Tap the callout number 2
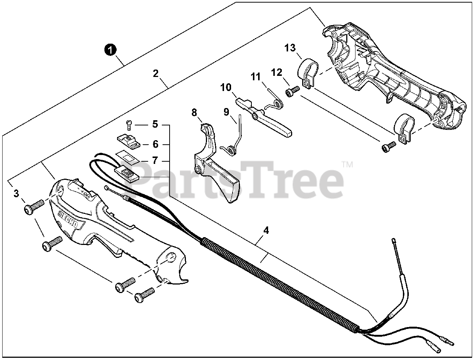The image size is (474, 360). click(156, 73)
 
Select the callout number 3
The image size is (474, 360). click(16, 193)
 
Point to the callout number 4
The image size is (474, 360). click(266, 231)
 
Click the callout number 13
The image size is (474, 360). click(290, 48)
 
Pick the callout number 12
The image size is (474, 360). click(276, 72)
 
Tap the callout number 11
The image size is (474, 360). click(256, 77)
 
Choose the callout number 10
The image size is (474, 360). click(226, 88)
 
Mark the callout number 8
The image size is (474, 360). click(194, 112)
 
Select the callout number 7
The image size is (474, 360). click(155, 161)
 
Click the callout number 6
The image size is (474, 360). click(155, 144)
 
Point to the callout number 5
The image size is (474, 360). click(155, 124)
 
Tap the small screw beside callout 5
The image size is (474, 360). click(129, 125)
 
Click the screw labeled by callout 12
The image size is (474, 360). click(293, 91)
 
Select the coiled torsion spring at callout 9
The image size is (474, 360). click(232, 149)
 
